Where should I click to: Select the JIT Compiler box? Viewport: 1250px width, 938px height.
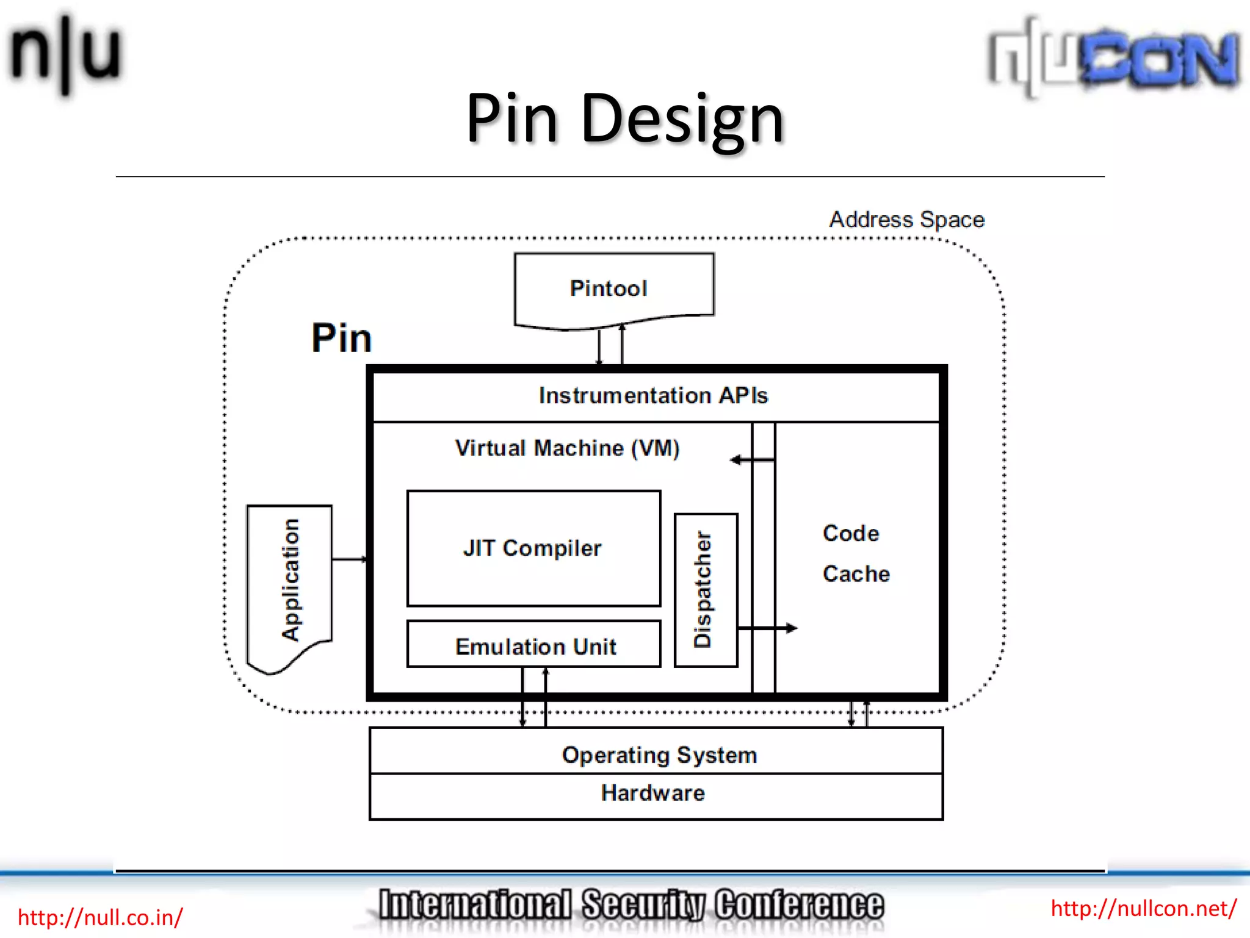533,548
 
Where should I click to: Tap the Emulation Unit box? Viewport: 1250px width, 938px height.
533,645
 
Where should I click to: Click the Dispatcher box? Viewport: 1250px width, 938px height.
705,589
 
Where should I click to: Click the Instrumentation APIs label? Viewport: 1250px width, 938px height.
653,396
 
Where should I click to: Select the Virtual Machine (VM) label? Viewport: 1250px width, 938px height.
566,448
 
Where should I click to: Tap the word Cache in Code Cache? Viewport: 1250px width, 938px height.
856,574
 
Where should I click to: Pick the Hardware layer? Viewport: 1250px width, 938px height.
652,793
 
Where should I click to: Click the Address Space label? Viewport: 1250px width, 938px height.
906,220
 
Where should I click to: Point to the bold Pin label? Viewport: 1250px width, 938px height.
341,338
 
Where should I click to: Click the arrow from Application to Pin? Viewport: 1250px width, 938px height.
349,559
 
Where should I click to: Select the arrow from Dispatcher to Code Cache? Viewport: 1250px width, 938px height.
768,628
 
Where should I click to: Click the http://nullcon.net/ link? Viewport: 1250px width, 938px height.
1143,908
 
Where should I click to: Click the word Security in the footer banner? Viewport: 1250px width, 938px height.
643,904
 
